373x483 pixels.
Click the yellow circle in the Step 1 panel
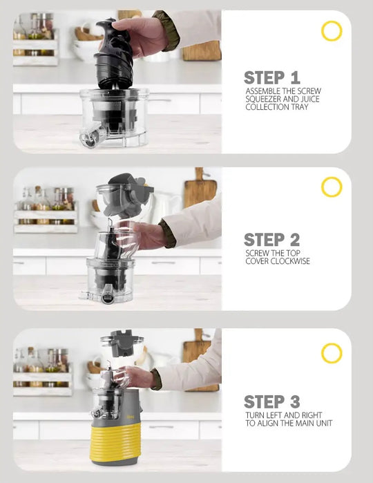(332, 22)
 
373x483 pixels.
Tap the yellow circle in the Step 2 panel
(332, 178)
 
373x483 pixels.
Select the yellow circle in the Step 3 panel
(332, 344)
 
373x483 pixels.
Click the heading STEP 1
(272, 77)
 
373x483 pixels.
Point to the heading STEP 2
(272, 240)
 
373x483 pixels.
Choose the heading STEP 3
(272, 401)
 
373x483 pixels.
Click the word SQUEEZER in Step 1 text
(263, 100)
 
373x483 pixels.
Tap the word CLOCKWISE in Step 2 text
(290, 261)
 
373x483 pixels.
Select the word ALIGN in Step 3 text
(276, 424)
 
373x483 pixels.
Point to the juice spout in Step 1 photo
(89, 137)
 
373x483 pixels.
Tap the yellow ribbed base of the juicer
(115, 442)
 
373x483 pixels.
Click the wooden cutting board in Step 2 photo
(200, 191)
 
